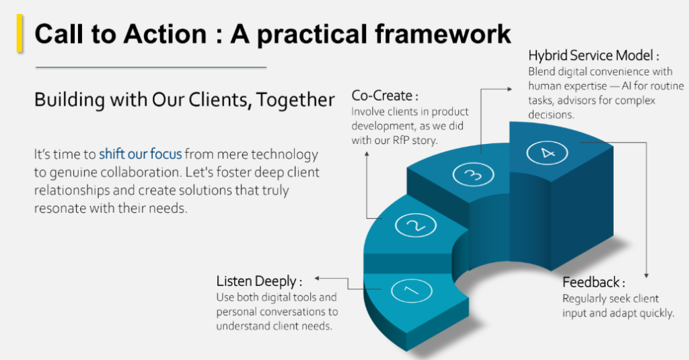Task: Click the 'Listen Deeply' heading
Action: (259, 281)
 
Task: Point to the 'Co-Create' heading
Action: (381, 96)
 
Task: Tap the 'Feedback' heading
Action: (593, 282)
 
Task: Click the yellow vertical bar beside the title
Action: (20, 34)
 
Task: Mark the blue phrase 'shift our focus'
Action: (140, 154)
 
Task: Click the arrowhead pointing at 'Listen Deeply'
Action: (318, 278)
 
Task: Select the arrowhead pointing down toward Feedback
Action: (647, 275)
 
